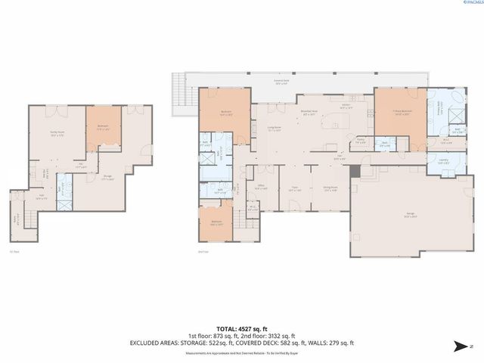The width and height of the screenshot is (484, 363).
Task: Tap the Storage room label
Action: pyautogui.click(x=110, y=178)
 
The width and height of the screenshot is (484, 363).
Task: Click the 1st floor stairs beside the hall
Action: pyautogui.click(x=17, y=219)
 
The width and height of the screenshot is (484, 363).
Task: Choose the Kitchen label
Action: pyautogui.click(x=345, y=107)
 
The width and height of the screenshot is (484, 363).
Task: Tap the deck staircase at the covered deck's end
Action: pyautogui.click(x=178, y=95)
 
